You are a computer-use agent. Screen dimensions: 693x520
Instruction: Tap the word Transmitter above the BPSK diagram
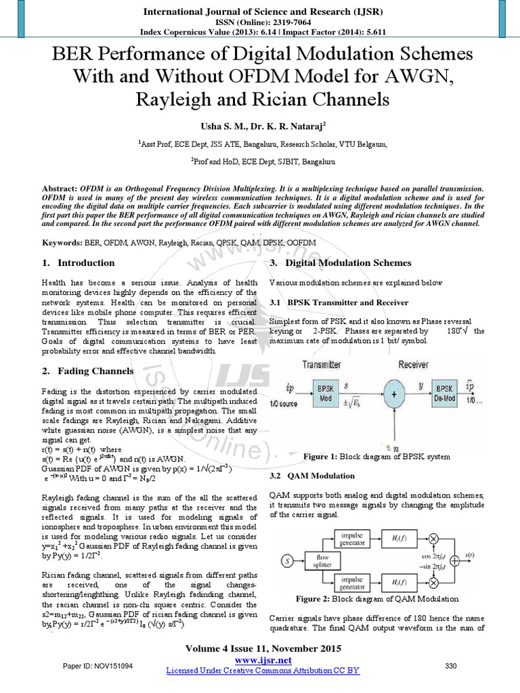click(x=322, y=365)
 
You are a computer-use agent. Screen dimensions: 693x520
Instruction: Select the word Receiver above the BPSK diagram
click(x=413, y=365)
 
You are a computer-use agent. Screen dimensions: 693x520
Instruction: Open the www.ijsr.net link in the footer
click(x=263, y=660)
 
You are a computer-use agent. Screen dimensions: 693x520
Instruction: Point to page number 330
click(x=451, y=666)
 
